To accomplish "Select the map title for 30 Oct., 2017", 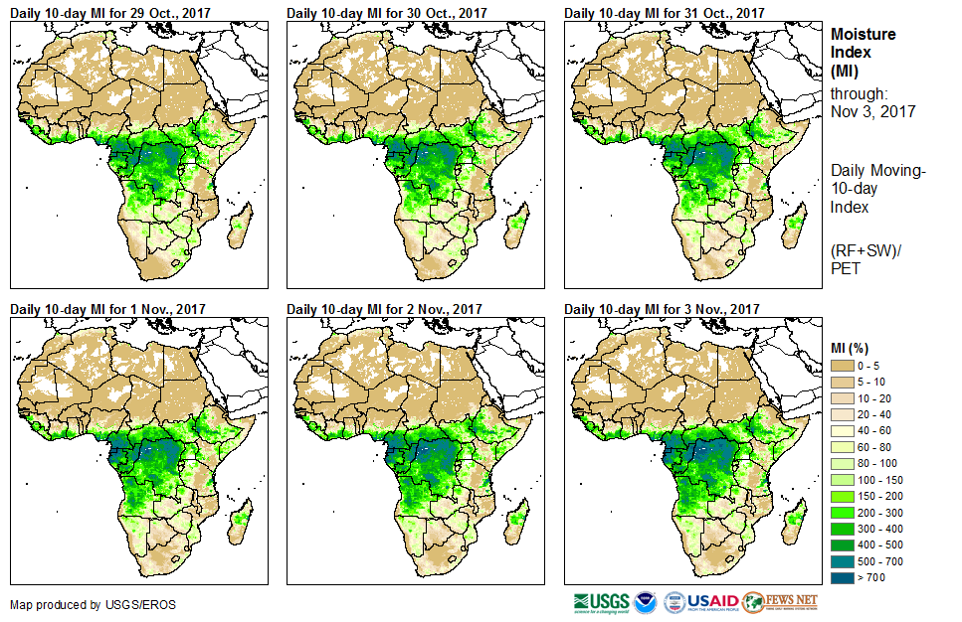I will click(x=386, y=13).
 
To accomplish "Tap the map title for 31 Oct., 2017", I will click(x=664, y=13).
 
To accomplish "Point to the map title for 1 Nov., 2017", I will click(x=107, y=310).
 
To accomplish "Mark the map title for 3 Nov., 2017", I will click(x=662, y=310).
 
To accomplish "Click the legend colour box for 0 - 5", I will click(x=844, y=367).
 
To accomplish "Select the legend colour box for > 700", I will click(x=844, y=575).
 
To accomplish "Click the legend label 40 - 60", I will click(x=880, y=430).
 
